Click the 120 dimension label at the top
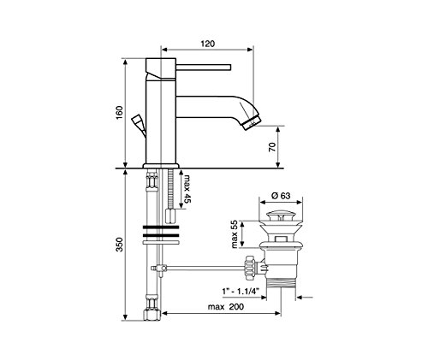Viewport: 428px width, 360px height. pos(208,44)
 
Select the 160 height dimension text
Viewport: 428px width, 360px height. pos(119,112)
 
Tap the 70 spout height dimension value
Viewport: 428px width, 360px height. pos(273,147)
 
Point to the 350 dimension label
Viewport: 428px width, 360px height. pos(119,245)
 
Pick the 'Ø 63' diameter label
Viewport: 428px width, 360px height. pos(281,196)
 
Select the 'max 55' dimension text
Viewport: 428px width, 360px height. pos(235,234)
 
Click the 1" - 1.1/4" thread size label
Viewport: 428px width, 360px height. pos(241,292)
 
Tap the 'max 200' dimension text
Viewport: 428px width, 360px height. pos(226,307)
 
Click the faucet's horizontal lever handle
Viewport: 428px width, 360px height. pos(204,67)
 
